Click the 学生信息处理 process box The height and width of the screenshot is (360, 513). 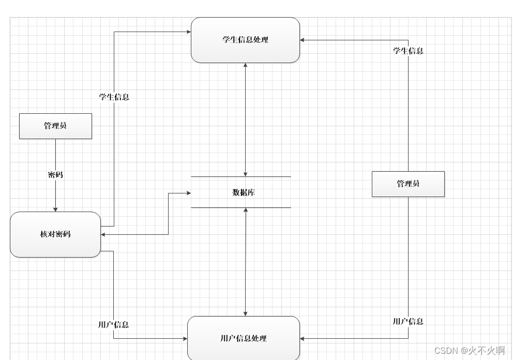245,40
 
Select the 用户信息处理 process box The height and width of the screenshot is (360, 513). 244,338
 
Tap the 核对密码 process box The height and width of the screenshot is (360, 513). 55,234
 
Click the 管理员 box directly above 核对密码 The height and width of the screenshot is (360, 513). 55,126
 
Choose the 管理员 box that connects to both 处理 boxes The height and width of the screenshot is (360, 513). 408,184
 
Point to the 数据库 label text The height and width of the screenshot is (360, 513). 244,192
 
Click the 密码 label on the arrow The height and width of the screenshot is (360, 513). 55,175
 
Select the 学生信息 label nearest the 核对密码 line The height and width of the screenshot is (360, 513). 114,97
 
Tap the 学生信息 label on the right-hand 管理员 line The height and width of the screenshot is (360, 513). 408,51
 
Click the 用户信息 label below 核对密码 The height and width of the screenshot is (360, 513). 113,325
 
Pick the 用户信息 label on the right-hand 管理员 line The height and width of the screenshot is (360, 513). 408,321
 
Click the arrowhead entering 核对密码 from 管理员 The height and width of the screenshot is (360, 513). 55,209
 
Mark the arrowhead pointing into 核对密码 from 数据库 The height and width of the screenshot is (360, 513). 103,235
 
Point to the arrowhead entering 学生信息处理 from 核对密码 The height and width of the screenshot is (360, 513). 189,32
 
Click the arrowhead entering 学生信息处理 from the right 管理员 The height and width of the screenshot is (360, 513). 303,40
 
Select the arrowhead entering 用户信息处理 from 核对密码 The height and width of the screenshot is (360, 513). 185,339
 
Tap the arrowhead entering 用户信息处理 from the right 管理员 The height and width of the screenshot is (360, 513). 303,339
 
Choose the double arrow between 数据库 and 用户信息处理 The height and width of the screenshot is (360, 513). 246,262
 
